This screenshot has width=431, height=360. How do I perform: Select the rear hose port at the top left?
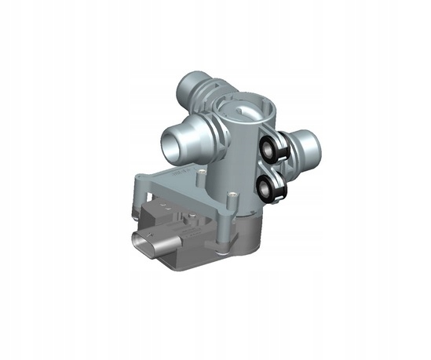[x=190, y=84]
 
